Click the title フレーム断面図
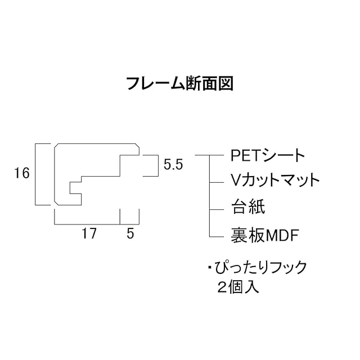tap(179, 84)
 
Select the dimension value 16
tap(22, 174)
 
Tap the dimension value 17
tap(88, 234)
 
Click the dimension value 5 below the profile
tap(130, 234)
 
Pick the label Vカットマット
tap(275, 180)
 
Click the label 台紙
tap(247, 206)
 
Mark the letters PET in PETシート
tap(244, 155)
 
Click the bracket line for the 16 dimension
tap(37, 174)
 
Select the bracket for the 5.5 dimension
tap(155, 165)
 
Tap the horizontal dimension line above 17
tap(87, 224)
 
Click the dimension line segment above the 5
tap(130, 224)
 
